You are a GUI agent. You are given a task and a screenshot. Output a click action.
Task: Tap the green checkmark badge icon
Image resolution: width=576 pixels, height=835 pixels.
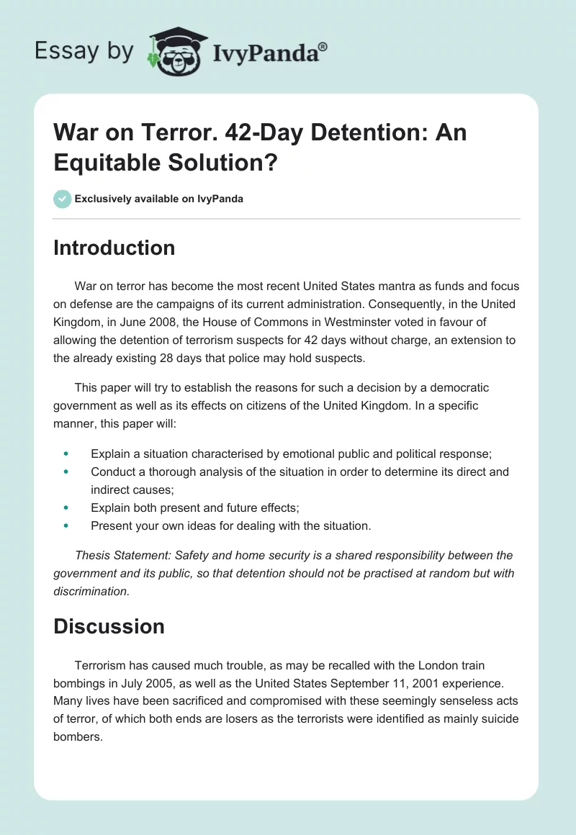[63, 199]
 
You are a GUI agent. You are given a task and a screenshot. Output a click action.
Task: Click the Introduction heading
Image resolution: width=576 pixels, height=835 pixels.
[114, 248]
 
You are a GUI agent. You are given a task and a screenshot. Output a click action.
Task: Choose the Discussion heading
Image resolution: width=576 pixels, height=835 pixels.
[109, 626]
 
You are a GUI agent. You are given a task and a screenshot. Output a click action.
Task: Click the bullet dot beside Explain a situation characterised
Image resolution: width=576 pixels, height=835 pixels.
[67, 453]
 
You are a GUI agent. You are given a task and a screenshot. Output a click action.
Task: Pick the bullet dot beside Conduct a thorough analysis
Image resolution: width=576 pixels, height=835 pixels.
[67, 472]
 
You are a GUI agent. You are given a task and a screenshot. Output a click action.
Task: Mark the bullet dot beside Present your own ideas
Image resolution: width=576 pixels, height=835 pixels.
[67, 526]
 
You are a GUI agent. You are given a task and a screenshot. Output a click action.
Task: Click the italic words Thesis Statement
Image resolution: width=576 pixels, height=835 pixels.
[117, 555]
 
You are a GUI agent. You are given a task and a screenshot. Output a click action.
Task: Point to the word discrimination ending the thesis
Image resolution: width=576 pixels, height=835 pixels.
[91, 591]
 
